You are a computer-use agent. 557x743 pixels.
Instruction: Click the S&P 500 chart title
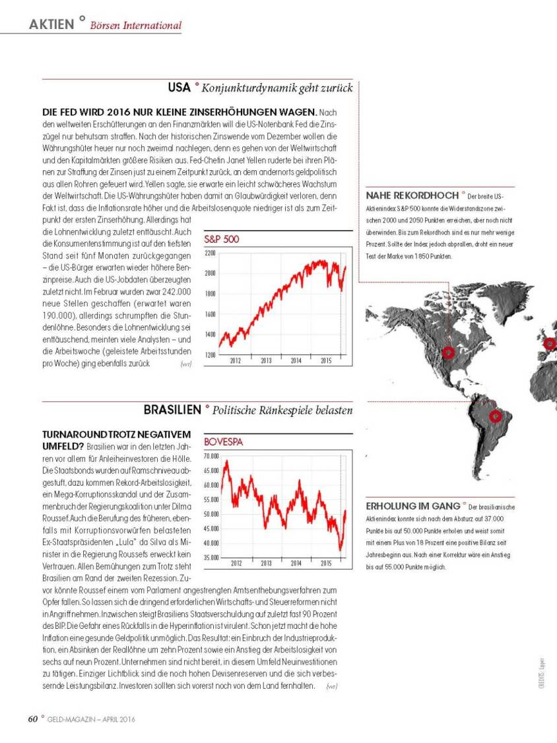click(x=222, y=239)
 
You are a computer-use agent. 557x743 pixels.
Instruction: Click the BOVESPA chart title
click(x=224, y=442)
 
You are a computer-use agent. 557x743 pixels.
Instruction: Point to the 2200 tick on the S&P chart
click(x=211, y=253)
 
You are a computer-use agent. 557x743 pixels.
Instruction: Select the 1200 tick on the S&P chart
click(x=211, y=355)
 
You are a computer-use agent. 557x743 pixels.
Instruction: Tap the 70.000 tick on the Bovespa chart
click(x=211, y=456)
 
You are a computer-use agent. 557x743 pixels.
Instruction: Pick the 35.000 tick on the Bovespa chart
click(x=211, y=558)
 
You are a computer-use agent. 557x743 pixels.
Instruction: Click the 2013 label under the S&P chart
click(x=266, y=361)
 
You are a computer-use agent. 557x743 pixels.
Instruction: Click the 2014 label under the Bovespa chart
click(x=296, y=564)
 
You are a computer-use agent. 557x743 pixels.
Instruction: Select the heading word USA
click(x=179, y=87)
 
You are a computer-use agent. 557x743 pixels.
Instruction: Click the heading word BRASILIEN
click(x=172, y=410)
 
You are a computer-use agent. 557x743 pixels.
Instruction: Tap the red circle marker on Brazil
click(x=495, y=416)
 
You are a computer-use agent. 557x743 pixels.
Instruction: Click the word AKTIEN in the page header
click(x=51, y=24)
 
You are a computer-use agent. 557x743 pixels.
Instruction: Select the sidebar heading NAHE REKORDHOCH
click(x=412, y=196)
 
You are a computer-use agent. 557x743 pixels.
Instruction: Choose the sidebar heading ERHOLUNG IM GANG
click(x=412, y=506)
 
